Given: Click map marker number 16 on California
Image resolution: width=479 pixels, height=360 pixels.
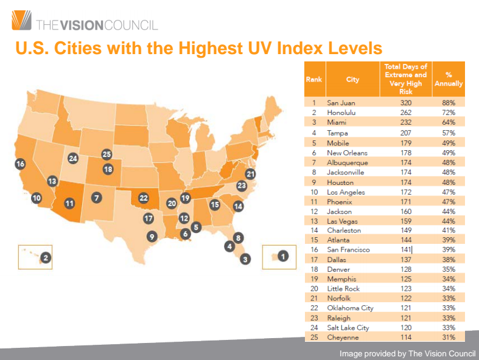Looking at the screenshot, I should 20,164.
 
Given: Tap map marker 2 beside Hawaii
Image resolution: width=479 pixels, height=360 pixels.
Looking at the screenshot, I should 44,258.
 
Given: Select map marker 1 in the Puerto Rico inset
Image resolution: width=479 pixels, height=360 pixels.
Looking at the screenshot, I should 282,256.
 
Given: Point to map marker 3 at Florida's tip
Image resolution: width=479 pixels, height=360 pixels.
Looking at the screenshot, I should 245,260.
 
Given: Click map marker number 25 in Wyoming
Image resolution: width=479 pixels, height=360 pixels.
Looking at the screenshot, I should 107,154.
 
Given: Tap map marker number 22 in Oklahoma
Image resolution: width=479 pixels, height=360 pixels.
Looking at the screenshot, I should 144,197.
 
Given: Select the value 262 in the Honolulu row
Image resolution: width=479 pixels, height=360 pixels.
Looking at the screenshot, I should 406,113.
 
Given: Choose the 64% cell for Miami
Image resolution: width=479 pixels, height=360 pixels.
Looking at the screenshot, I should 449,123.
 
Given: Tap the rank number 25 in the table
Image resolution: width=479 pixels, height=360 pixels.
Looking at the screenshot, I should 314,337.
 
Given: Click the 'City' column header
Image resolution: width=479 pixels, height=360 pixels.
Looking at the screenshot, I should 352,80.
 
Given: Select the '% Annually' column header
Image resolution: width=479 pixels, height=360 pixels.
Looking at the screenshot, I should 449,80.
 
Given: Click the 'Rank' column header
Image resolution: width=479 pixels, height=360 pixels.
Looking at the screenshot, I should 314,80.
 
